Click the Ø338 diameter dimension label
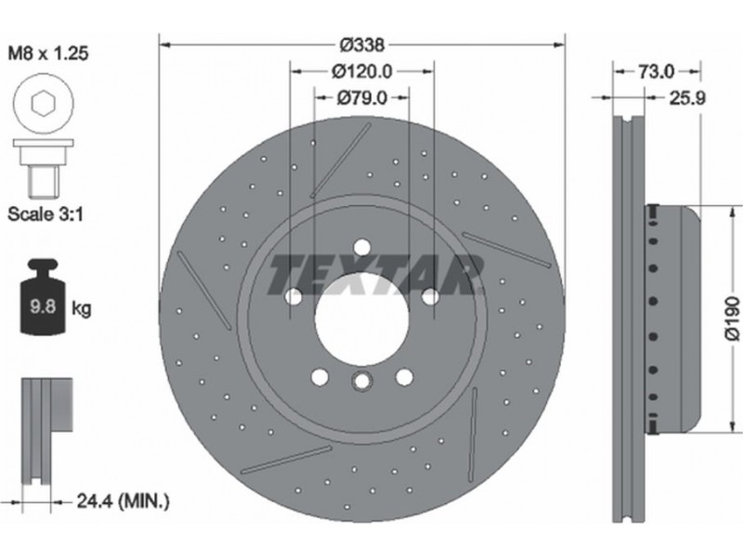(362, 45)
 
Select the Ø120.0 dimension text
(362, 71)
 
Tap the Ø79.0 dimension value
(362, 98)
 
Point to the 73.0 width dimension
(657, 71)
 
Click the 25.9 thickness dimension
(687, 98)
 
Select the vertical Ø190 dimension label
(732, 317)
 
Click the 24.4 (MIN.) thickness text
(123, 500)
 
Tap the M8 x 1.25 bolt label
(48, 53)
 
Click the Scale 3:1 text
(46, 214)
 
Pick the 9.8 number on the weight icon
(43, 306)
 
